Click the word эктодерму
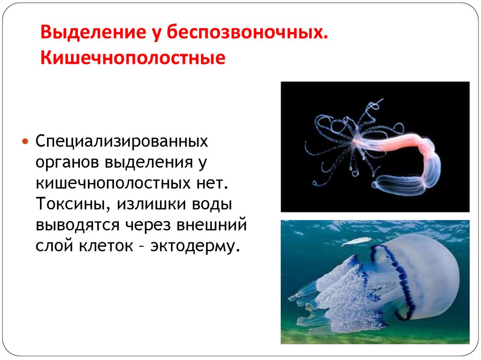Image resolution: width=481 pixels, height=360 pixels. (x=197, y=246)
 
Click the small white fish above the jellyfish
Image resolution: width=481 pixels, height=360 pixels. (x=356, y=241)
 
